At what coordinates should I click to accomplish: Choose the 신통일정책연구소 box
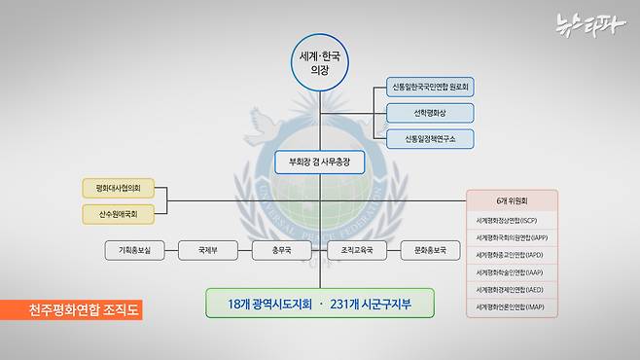tap(430, 139)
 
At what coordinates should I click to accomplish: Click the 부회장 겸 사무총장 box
tap(319, 162)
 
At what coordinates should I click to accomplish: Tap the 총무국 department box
tap(281, 251)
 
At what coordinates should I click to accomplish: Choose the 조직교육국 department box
tap(356, 251)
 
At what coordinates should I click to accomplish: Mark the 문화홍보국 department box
tap(429, 251)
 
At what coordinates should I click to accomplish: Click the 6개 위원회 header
tap(513, 202)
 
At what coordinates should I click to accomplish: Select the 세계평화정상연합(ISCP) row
tap(513, 220)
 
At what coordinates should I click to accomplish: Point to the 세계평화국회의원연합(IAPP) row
tap(513, 237)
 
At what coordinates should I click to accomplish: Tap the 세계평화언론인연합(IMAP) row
tap(513, 307)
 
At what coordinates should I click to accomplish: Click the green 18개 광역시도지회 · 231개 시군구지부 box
tap(320, 303)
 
